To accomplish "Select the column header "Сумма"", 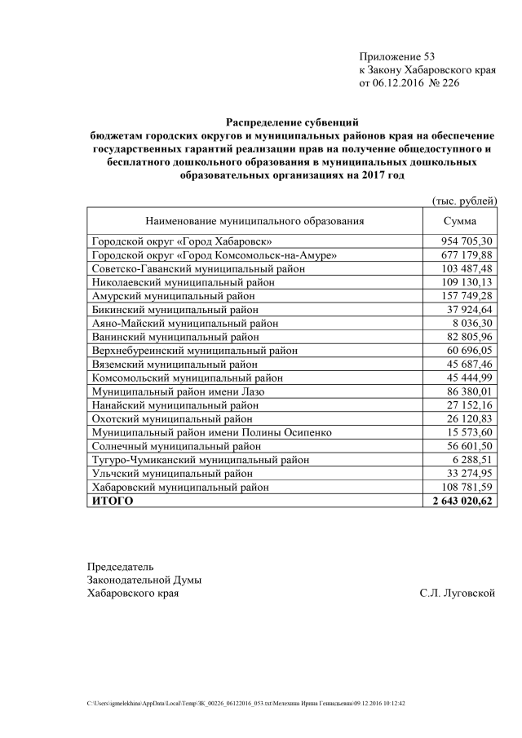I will (460, 220).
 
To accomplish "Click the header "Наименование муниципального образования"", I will (254, 220).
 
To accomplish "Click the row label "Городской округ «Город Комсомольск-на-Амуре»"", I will (215, 255).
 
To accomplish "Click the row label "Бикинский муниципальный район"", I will (175, 309).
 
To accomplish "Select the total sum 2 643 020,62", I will (462, 501).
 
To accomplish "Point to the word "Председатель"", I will (120, 566).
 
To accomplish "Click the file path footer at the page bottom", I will (246, 702).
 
